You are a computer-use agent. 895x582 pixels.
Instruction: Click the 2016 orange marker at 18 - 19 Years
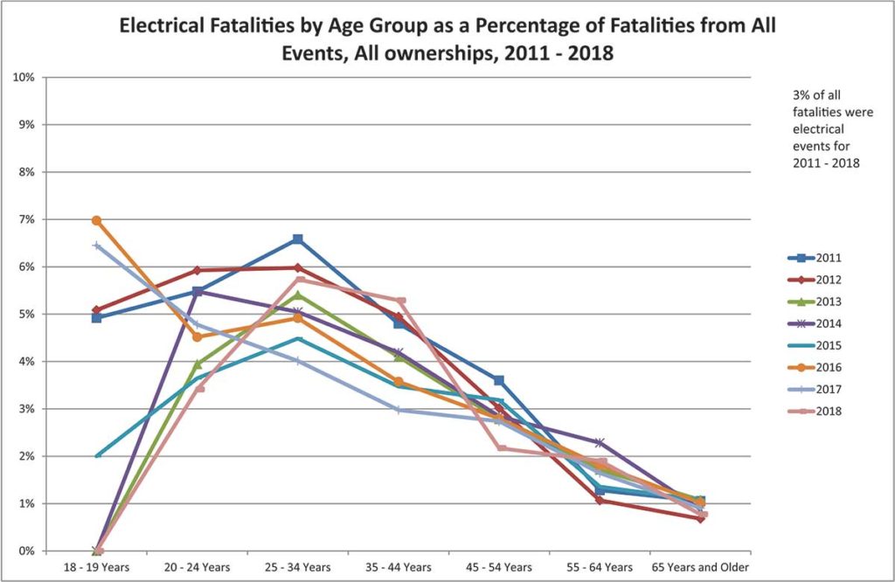click(x=96, y=220)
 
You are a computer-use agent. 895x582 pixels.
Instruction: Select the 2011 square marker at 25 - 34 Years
click(x=298, y=239)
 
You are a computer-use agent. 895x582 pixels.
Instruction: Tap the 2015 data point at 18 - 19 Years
click(x=97, y=455)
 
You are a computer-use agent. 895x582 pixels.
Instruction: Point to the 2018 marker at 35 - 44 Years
click(x=400, y=301)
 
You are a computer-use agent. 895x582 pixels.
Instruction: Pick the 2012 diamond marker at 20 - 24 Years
click(x=198, y=270)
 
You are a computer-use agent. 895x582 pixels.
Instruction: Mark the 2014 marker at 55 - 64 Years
click(x=600, y=442)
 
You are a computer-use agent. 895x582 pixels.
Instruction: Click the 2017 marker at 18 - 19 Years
click(x=97, y=246)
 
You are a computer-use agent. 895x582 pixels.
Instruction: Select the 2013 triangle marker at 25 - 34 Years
click(x=298, y=294)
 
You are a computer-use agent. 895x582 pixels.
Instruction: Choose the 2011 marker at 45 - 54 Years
click(x=499, y=380)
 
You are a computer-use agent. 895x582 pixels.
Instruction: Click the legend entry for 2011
click(x=815, y=258)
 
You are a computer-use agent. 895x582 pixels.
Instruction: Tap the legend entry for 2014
click(x=815, y=323)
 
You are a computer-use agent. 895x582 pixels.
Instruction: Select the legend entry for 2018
click(x=815, y=411)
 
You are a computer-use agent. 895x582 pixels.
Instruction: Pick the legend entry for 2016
click(x=815, y=367)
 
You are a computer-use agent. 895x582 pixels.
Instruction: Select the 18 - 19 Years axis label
click(x=97, y=567)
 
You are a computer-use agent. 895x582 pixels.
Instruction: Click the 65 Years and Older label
click(x=700, y=567)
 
